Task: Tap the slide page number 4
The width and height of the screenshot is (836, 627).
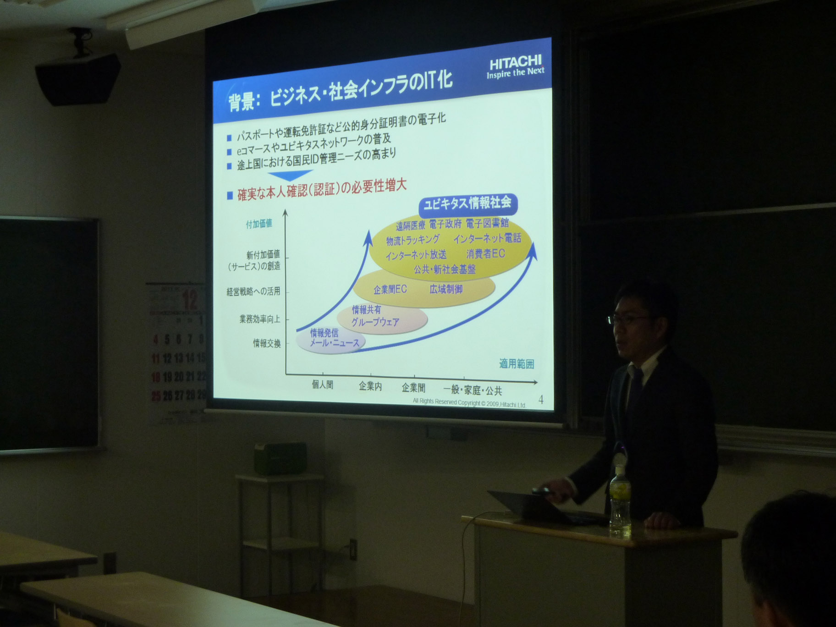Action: pyautogui.click(x=541, y=400)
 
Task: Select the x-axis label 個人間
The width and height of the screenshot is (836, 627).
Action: pyautogui.click(x=323, y=385)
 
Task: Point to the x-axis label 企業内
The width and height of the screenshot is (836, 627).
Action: pyautogui.click(x=370, y=387)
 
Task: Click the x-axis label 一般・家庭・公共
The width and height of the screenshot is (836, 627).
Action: pyautogui.click(x=473, y=390)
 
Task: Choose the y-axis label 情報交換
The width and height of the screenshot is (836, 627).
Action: pyautogui.click(x=267, y=343)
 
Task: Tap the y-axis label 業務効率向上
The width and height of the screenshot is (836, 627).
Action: pyautogui.click(x=259, y=319)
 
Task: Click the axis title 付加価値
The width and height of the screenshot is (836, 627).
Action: pyautogui.click(x=259, y=224)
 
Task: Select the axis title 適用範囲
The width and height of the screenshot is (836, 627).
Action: pyautogui.click(x=517, y=364)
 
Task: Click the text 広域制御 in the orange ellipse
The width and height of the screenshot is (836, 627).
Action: pyautogui.click(x=446, y=289)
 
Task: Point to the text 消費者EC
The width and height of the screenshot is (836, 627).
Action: pyautogui.click(x=486, y=253)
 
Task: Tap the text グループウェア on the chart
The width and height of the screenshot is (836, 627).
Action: pyautogui.click(x=375, y=322)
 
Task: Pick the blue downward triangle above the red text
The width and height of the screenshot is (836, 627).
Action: pyautogui.click(x=291, y=175)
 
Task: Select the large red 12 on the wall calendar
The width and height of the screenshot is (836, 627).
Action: pyautogui.click(x=190, y=300)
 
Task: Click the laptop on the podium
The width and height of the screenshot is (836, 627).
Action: pyautogui.click(x=541, y=506)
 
